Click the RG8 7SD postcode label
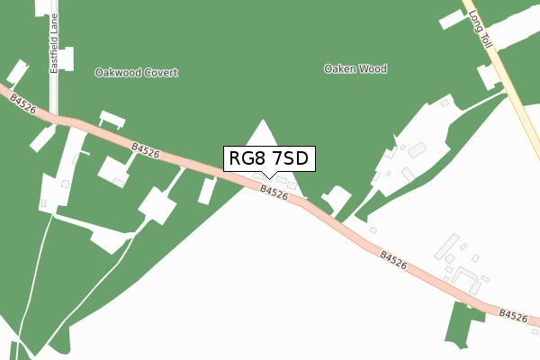269,158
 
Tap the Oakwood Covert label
137,73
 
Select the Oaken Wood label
355,68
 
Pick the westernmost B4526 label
23,105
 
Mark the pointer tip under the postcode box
269,177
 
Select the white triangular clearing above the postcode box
264,135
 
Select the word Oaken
340,68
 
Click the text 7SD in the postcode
290,158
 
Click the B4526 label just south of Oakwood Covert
145,150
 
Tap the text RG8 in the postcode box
247,158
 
